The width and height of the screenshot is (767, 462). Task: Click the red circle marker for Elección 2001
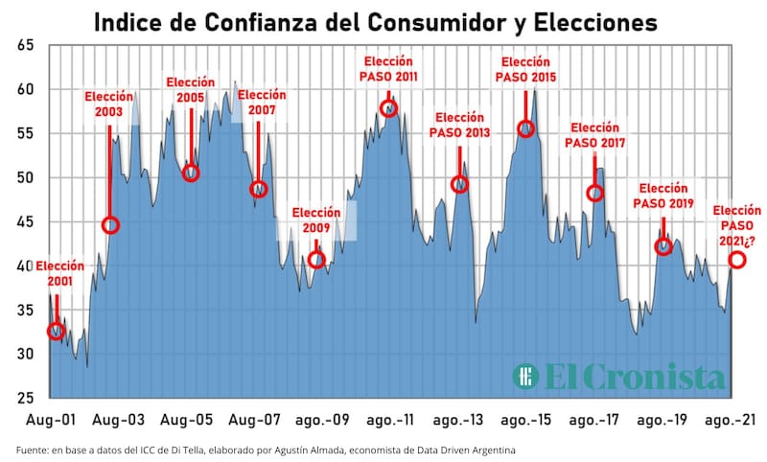click(x=57, y=332)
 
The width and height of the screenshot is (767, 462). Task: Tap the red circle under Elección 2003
click(x=110, y=225)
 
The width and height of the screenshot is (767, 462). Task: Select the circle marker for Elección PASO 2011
click(x=388, y=108)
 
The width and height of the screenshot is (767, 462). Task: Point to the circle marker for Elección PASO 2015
click(x=526, y=128)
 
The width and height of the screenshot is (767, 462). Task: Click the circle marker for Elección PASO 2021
click(x=737, y=260)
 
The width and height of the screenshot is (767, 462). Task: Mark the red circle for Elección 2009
click(x=316, y=260)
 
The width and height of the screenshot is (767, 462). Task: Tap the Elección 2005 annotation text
click(x=191, y=90)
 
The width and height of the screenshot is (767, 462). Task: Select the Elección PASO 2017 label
click(x=597, y=134)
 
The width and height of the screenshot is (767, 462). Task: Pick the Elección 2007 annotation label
click(x=262, y=103)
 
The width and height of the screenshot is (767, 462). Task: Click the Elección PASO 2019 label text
click(x=664, y=196)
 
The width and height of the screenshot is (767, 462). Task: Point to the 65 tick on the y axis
click(x=26, y=45)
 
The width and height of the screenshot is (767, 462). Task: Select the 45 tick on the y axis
click(x=26, y=221)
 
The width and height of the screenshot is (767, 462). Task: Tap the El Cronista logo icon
click(x=525, y=376)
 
